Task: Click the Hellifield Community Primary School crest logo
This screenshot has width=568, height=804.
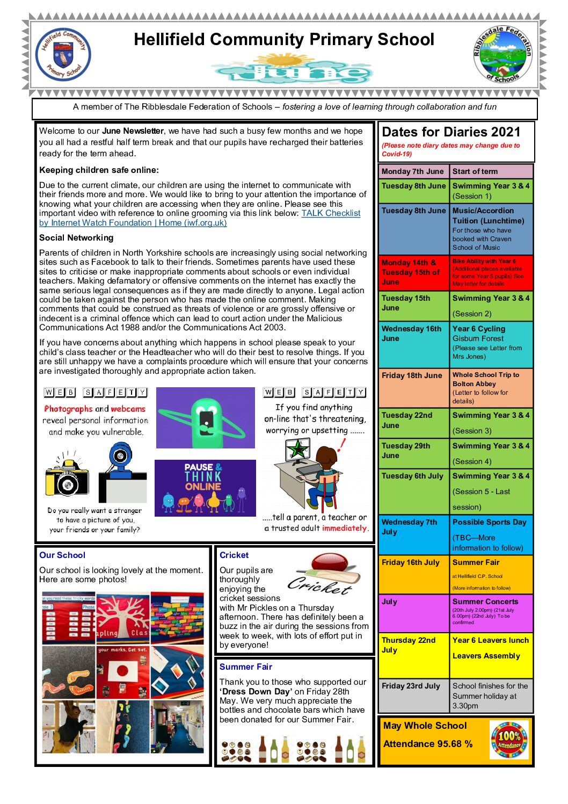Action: click(x=63, y=55)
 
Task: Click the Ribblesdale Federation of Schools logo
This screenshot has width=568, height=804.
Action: click(x=503, y=55)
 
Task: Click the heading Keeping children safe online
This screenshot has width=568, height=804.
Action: click(x=99, y=170)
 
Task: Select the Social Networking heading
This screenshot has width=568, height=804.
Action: click(x=76, y=237)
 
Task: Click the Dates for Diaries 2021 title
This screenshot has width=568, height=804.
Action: click(x=451, y=132)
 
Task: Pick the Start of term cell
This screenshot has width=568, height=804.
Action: click(x=491, y=171)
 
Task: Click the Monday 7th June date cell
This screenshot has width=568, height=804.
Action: click(x=413, y=171)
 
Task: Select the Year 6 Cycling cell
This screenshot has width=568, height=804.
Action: click(x=491, y=343)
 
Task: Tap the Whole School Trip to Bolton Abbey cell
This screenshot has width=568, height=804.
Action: click(x=491, y=387)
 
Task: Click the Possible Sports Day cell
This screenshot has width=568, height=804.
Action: click(x=491, y=534)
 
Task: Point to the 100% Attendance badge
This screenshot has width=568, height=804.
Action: click(x=509, y=740)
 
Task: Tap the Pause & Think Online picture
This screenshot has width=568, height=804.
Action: click(x=205, y=488)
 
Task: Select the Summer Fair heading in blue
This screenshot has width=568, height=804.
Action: click(x=245, y=667)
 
